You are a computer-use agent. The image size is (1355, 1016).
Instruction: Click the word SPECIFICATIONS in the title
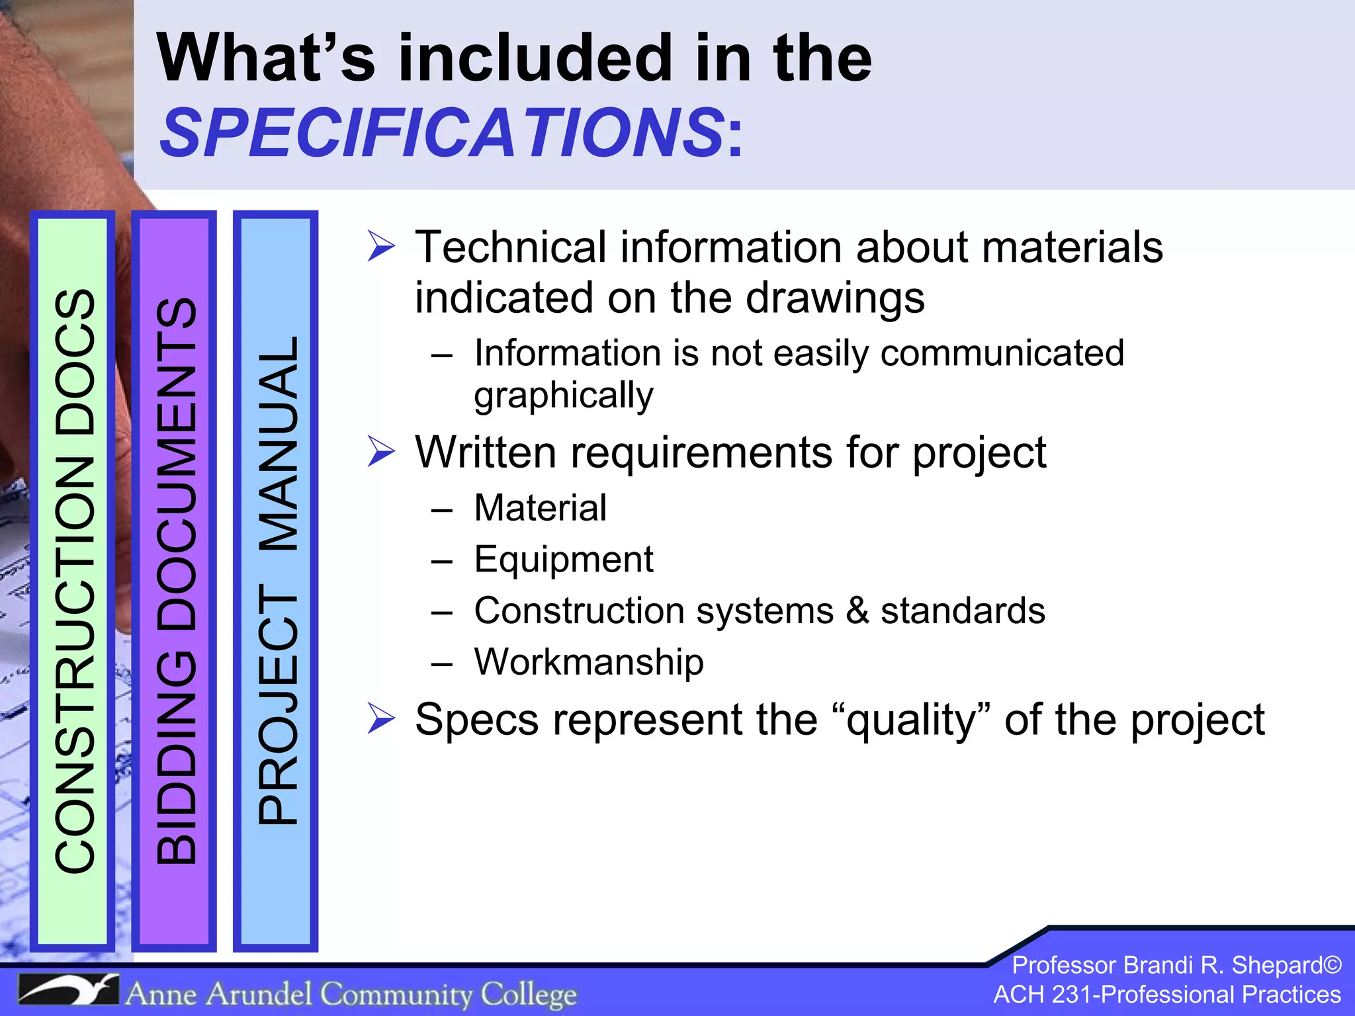coord(443,133)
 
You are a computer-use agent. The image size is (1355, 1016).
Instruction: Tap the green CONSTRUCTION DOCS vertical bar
coord(73,581)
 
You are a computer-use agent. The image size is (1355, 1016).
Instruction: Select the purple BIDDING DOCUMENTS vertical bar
coord(175,581)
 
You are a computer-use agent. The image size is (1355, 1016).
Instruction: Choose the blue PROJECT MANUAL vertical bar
coord(276,581)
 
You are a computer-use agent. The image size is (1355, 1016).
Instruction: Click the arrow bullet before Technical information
coord(381,247)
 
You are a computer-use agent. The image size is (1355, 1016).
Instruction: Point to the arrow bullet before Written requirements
coord(381,452)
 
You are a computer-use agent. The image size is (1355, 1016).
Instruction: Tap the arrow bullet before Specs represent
coord(381,719)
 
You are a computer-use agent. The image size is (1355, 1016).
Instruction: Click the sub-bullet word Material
coord(540,508)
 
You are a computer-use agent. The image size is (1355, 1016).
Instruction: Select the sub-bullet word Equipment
coord(564,560)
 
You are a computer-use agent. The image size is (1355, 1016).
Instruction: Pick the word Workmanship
coord(589,661)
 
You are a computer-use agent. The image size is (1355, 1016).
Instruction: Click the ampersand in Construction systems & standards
coord(857,610)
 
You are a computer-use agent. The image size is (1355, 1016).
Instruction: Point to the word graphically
coord(564,396)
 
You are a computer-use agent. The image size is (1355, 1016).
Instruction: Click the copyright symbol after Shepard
coord(1332,965)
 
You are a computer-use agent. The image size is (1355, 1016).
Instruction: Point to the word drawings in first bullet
coord(835,298)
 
